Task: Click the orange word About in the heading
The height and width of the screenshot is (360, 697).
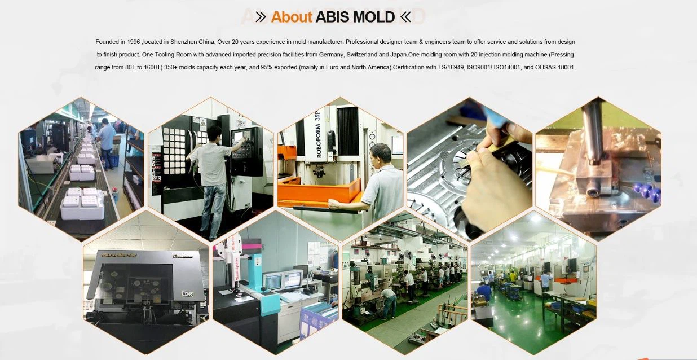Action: tap(291, 17)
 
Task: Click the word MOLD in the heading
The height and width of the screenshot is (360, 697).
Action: tap(373, 17)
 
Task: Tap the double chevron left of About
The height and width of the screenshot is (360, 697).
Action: tap(261, 17)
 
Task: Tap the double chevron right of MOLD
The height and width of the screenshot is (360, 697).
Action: tap(405, 17)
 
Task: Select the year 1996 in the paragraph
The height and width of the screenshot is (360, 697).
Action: tap(133, 42)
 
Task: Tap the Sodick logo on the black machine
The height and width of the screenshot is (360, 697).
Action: tap(114, 255)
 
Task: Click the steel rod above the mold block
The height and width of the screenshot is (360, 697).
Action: tap(593, 133)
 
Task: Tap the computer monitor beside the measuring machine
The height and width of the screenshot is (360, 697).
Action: tap(292, 280)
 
